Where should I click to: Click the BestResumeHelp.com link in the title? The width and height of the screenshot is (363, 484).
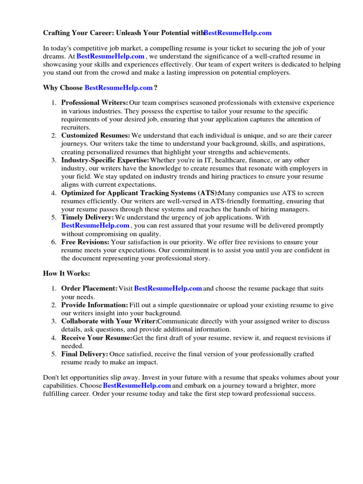238,33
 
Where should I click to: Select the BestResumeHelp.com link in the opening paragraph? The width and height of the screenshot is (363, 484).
111,56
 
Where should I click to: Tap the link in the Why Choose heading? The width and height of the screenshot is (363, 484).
119,87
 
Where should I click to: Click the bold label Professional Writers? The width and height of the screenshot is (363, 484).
95,103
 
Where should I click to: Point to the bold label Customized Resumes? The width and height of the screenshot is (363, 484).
95,135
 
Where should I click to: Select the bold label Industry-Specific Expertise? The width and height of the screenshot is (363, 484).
105,160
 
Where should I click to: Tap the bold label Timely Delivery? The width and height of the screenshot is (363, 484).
87,217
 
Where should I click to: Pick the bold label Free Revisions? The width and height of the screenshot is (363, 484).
85,242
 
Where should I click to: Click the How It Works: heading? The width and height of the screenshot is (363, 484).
66,274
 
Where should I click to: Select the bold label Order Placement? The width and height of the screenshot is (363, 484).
89,288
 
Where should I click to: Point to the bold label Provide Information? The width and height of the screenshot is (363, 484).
95,305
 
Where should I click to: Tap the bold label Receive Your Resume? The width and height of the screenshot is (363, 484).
97,338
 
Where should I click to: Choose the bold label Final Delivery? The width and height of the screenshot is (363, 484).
85,354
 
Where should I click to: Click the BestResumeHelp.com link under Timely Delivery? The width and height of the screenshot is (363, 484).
95,225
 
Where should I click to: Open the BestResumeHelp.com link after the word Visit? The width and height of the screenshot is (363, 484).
168,288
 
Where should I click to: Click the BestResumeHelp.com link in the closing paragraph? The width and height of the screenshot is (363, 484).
137,386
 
